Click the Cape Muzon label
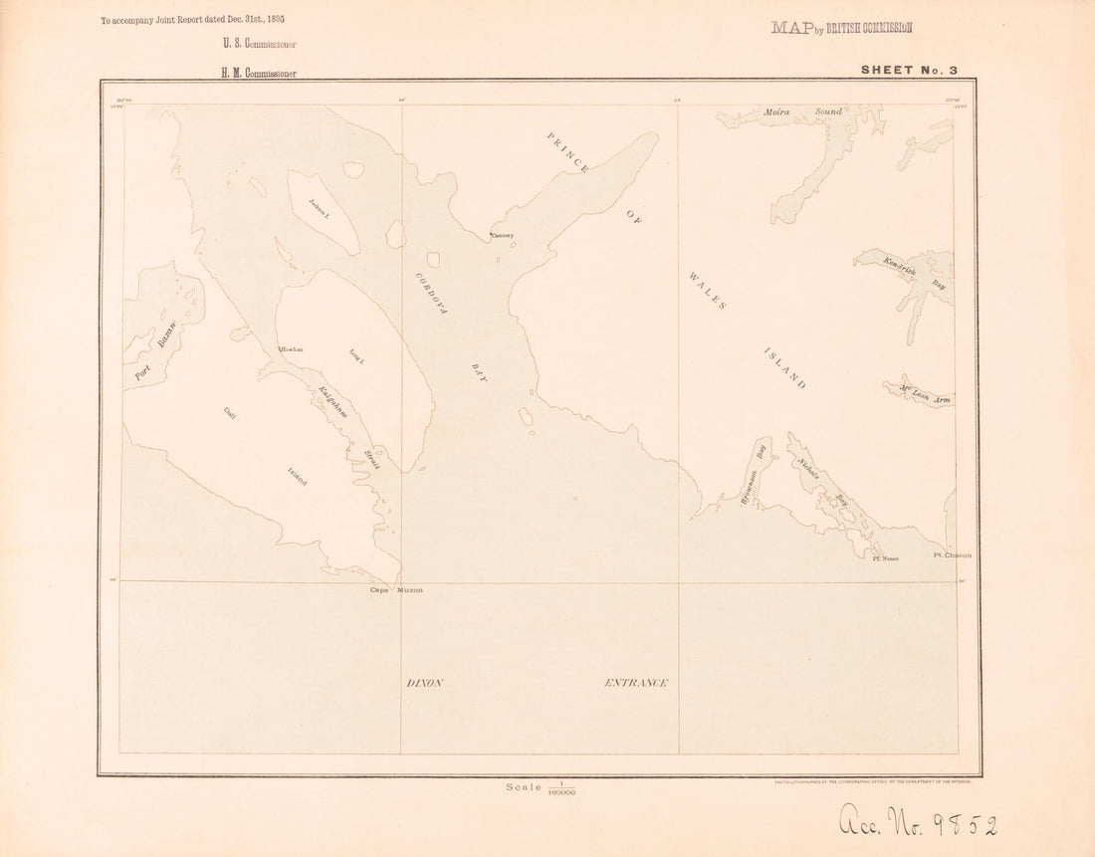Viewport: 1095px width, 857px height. [x=396, y=590]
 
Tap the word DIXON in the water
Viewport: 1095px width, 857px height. [x=423, y=683]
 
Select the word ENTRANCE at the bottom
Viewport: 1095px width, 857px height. [x=636, y=683]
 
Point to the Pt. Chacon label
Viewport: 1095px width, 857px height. [x=952, y=554]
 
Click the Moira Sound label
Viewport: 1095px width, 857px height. [x=802, y=112]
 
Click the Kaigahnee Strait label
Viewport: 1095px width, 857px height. [x=349, y=425]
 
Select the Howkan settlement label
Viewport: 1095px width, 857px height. [x=291, y=349]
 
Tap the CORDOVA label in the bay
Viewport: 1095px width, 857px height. [x=430, y=295]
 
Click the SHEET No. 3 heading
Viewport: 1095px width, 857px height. [x=910, y=70]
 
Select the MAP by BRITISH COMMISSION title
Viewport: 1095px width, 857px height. [x=841, y=28]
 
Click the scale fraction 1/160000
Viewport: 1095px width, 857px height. [x=559, y=787]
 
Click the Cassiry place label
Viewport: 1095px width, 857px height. [x=502, y=236]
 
